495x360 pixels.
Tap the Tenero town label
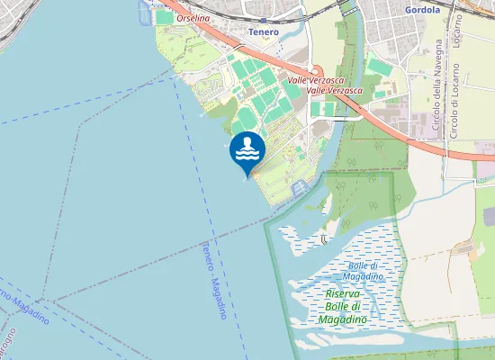[x=264, y=32]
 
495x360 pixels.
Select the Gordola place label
[x=423, y=10]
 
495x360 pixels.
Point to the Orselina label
[x=193, y=18]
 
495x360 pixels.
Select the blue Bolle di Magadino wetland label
[x=365, y=270]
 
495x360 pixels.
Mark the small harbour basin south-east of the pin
[x=300, y=185]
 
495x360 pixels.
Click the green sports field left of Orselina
[x=163, y=17]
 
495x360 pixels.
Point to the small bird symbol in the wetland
[x=324, y=239]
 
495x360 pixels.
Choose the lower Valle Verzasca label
[x=334, y=91]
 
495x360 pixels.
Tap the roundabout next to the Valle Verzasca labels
[x=316, y=72]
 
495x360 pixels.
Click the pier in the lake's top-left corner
[x=145, y=11]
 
